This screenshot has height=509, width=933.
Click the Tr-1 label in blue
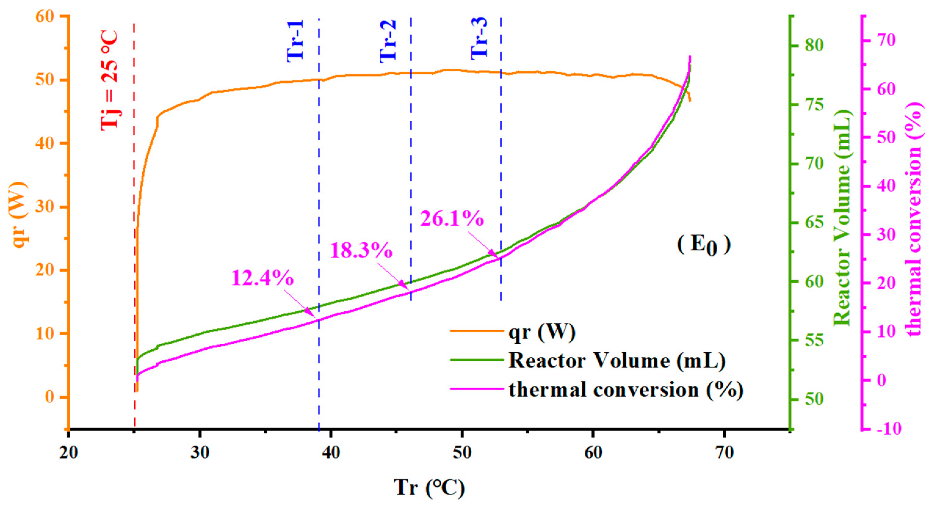[295, 41]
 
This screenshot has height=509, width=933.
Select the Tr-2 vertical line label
[388, 41]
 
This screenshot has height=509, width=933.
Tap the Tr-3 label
[479, 38]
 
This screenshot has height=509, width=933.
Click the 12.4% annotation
[262, 278]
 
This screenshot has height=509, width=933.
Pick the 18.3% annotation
[361, 250]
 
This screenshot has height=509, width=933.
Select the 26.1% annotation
[452, 219]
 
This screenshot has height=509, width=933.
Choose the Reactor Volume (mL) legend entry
[617, 360]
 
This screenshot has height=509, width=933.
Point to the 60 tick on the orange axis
[45, 17]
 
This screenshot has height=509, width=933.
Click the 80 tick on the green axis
[813, 46]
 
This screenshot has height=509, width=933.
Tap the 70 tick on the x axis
[724, 453]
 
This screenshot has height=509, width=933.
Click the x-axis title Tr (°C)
[429, 487]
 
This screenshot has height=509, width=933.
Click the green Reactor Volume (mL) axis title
[842, 217]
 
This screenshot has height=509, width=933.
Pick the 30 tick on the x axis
[200, 453]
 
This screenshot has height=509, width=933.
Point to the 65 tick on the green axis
[813, 223]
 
